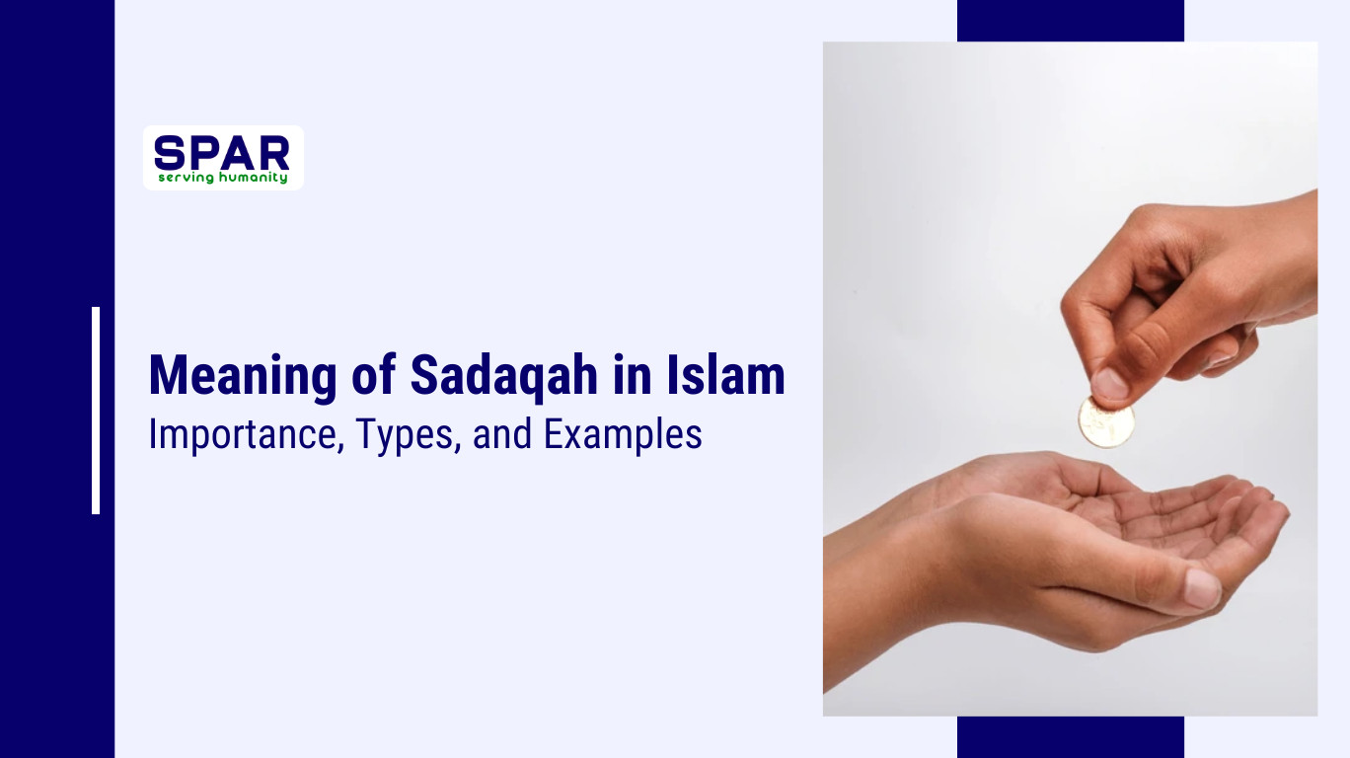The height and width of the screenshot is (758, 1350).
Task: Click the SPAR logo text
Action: point(222,152)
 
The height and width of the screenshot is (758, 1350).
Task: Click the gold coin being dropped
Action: point(1105,421)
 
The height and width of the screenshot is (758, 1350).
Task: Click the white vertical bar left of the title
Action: point(96,411)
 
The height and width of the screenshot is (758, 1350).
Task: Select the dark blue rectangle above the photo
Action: point(1070,21)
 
